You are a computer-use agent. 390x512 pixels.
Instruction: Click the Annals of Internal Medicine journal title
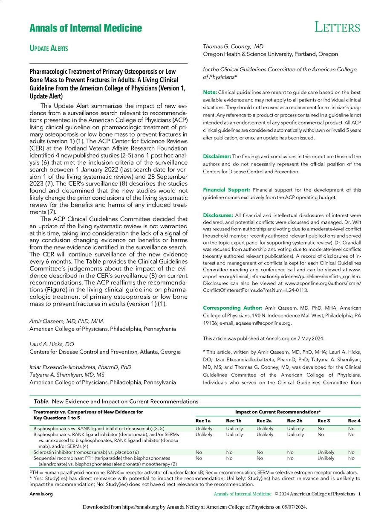[86, 29]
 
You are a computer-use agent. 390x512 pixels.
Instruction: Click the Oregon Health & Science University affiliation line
[270, 54]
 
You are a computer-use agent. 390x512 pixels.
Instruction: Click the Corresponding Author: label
[231, 308]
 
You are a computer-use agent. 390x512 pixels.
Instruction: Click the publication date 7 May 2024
[309, 338]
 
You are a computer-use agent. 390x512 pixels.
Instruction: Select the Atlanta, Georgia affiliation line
[104, 352]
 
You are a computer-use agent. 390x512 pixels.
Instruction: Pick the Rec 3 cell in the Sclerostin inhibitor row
[326, 452]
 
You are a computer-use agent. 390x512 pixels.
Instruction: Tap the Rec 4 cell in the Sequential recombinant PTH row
[351, 458]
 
